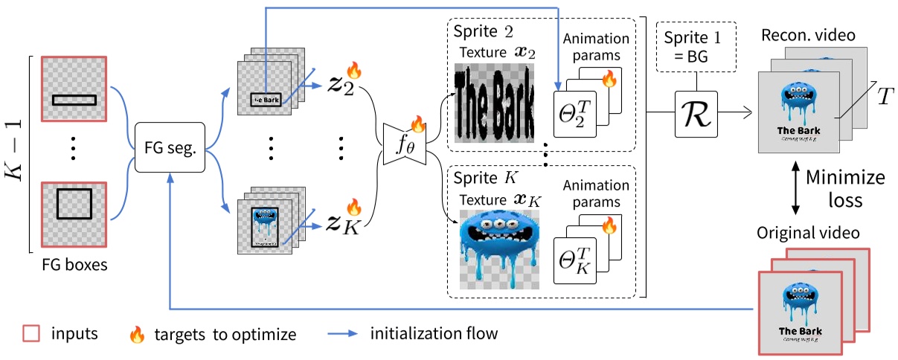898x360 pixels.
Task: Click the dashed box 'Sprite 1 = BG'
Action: coord(696,51)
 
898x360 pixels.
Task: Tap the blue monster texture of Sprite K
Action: coord(497,246)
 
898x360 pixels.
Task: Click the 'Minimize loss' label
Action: coord(844,190)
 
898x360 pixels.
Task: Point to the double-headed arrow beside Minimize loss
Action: coord(798,190)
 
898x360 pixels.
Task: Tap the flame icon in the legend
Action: coord(136,334)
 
